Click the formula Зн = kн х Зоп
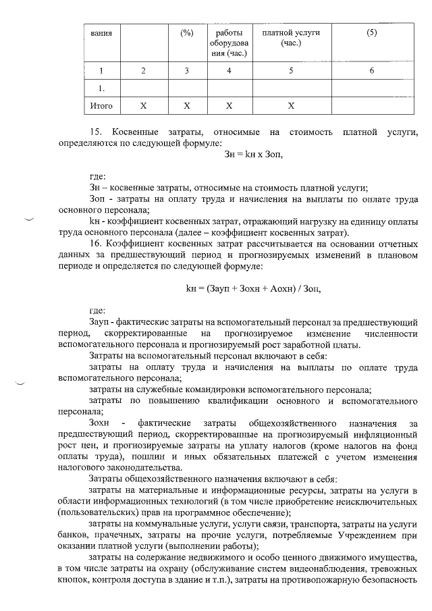(253, 153)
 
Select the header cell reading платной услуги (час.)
(290, 38)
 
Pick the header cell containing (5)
(371, 33)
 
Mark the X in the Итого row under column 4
(230, 106)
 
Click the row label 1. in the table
(101, 88)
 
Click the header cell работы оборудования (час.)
(230, 43)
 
